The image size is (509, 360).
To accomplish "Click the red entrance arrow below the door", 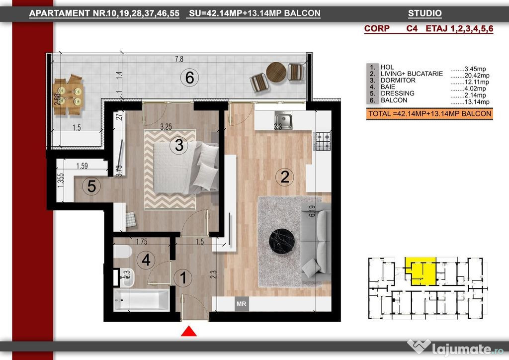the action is pos(188,332).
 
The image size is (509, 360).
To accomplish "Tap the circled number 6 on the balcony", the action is pos(189,78).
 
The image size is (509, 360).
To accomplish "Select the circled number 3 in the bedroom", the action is pos(179,145).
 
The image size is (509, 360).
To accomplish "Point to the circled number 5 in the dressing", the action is pos(91,186).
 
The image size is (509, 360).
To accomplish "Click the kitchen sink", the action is pos(283,119).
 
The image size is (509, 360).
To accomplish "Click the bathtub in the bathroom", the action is pos(142,300).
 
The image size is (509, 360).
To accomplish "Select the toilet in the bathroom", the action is pos(122,251).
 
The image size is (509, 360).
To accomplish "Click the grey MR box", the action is pos(242,304).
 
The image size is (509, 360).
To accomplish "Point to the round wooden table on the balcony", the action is pos(276,72).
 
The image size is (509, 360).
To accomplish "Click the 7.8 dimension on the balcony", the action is pos(179,59).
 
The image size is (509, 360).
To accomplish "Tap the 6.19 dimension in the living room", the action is pos(312,211).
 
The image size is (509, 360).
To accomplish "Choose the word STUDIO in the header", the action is pos(424,13).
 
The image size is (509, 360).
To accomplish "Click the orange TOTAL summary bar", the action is pos(429,114).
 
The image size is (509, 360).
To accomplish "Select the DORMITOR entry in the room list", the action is pos(398,80).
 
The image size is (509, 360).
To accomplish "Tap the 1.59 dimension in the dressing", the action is pos(82,166).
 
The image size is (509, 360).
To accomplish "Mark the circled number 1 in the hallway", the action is pos(183,278).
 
